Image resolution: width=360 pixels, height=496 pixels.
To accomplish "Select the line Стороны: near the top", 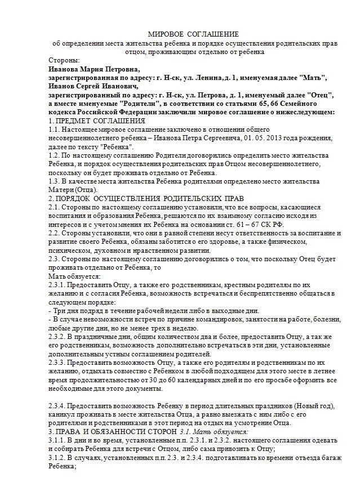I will tap(64, 60).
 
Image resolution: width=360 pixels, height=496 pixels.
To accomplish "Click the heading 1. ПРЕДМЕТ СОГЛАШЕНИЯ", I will tap(97, 120).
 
